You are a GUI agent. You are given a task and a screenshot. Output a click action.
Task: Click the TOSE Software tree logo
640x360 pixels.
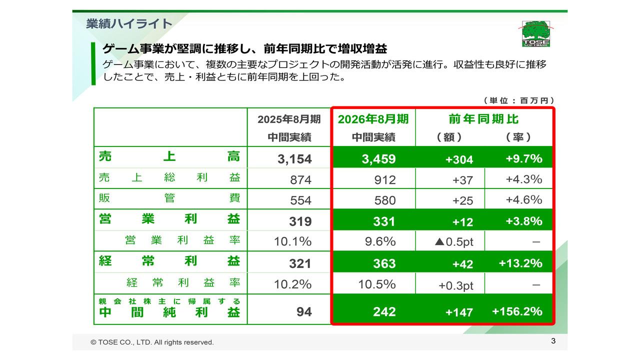tap(535, 33)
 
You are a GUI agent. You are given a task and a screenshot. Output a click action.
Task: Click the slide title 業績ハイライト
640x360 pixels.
tap(129, 23)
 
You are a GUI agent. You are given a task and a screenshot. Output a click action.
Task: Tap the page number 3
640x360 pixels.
tap(553, 341)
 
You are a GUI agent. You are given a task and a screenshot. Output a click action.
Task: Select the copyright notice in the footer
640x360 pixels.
tap(152, 342)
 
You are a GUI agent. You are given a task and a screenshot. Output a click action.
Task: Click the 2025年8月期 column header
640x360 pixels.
tap(289, 119)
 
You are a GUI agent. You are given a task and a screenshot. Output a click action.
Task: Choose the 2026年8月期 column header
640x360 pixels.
tap(373, 119)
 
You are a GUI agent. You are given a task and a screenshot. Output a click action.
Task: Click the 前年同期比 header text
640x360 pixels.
tap(483, 119)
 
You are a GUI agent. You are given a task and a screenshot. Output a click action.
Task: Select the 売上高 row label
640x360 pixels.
tap(169, 157)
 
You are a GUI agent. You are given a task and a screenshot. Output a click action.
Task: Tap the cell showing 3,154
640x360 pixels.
tap(294, 159)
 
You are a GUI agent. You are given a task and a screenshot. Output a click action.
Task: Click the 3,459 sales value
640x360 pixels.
tap(378, 159)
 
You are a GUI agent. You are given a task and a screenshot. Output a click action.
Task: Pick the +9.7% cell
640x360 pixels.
tap(523, 158)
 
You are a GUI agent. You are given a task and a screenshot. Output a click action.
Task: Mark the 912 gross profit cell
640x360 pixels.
tap(384, 180)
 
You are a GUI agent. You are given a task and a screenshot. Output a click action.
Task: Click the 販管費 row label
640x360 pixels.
tap(169, 198)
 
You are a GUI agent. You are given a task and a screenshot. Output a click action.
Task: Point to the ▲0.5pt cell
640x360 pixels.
tap(454, 242)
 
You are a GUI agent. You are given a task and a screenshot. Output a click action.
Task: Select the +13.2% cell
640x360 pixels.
tap(520, 263)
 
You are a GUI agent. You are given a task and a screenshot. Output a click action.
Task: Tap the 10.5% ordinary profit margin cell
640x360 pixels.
tap(377, 284)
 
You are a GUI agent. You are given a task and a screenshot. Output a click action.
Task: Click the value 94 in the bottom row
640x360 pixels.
tap(304, 311)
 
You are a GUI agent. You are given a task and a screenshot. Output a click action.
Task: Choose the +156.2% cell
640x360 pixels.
tap(517, 311)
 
